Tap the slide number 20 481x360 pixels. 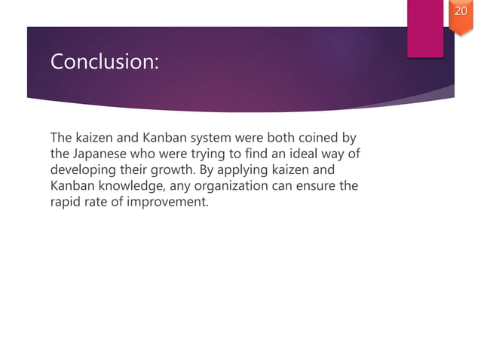pos(460,13)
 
